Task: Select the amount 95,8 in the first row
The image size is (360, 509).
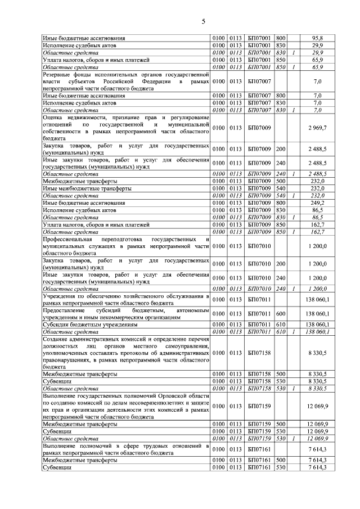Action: click(x=318, y=38)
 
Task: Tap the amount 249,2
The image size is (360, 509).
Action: click(x=318, y=202)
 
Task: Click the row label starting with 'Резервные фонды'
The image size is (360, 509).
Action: click(x=125, y=81)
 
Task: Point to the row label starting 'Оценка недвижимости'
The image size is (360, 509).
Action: click(x=125, y=128)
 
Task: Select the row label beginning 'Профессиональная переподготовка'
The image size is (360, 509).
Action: click(x=125, y=246)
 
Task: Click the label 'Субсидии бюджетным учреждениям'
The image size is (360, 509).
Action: click(x=90, y=325)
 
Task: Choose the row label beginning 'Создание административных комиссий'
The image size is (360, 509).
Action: click(x=125, y=352)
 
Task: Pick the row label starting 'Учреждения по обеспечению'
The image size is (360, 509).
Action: click(x=125, y=299)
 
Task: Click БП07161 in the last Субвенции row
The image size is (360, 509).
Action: click(x=259, y=467)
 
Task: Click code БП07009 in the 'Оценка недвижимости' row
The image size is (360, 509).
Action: click(x=259, y=128)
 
